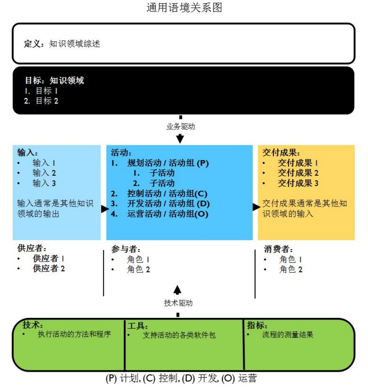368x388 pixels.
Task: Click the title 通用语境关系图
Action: [x=184, y=8]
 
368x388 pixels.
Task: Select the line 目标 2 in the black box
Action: [x=41, y=101]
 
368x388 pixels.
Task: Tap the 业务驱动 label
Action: [x=180, y=126]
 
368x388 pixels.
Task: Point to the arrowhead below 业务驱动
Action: [x=180, y=139]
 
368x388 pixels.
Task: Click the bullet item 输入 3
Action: [x=44, y=183]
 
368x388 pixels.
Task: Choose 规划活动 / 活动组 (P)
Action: [x=168, y=163]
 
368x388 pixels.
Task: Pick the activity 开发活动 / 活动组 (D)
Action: [x=168, y=204]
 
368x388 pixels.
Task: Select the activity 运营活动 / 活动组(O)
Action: [x=168, y=214]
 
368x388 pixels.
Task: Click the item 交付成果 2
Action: [x=298, y=173]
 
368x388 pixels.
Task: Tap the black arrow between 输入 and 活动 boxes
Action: [x=105, y=209]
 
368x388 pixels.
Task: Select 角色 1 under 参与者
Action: [x=138, y=260]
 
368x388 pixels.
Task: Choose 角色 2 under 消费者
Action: [x=290, y=269]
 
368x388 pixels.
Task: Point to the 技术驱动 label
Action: [x=178, y=303]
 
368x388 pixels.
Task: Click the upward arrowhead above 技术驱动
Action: [x=178, y=290]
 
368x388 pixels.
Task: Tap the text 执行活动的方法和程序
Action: [x=74, y=334]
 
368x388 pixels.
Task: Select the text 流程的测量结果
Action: [x=288, y=335]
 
